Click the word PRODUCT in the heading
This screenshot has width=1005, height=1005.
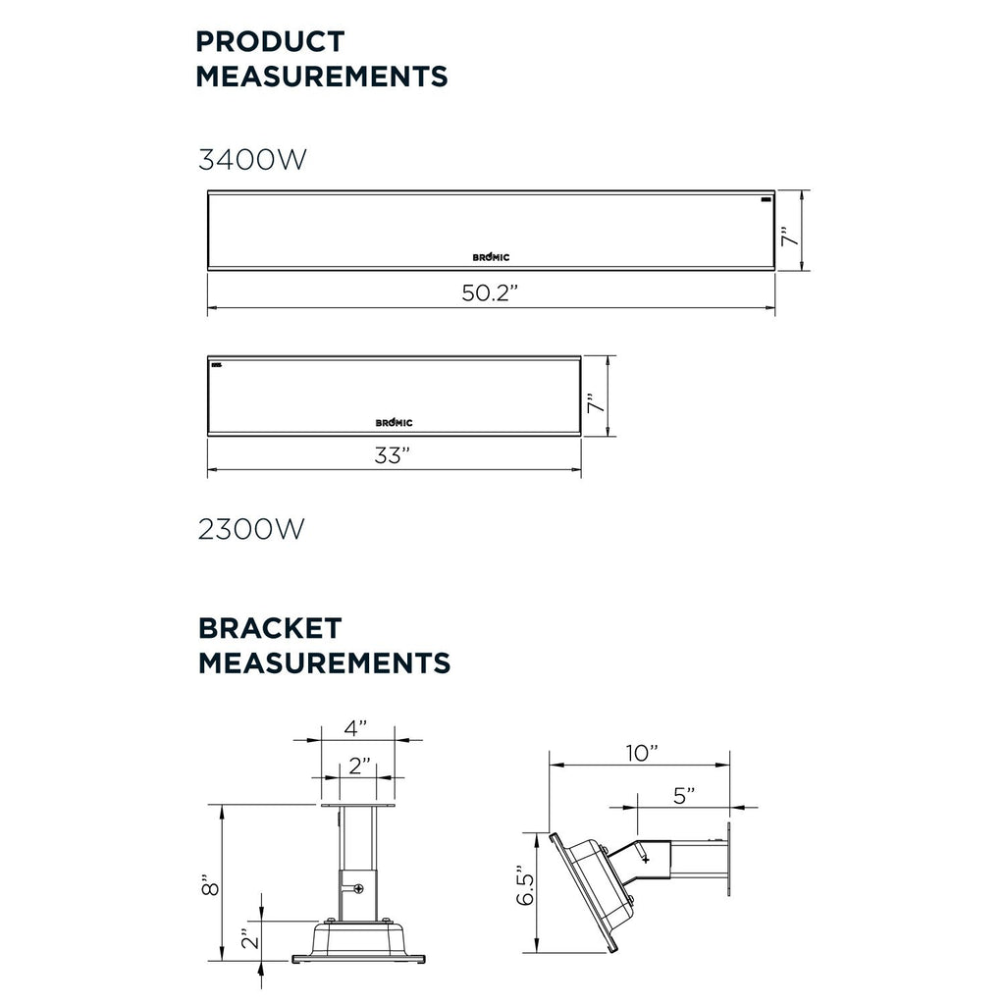tap(270, 41)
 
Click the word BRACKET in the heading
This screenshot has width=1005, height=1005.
tap(270, 628)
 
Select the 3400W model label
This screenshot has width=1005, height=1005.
tap(252, 160)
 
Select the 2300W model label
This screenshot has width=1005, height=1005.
tap(251, 529)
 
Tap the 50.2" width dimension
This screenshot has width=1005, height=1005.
tap(490, 292)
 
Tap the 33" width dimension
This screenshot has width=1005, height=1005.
tap(393, 455)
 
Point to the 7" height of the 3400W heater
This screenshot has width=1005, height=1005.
tap(791, 236)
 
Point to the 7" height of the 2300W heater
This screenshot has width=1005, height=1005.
tap(597, 402)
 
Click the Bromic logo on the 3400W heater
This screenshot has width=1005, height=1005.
tap(491, 257)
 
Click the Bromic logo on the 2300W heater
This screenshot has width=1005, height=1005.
tap(395, 422)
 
